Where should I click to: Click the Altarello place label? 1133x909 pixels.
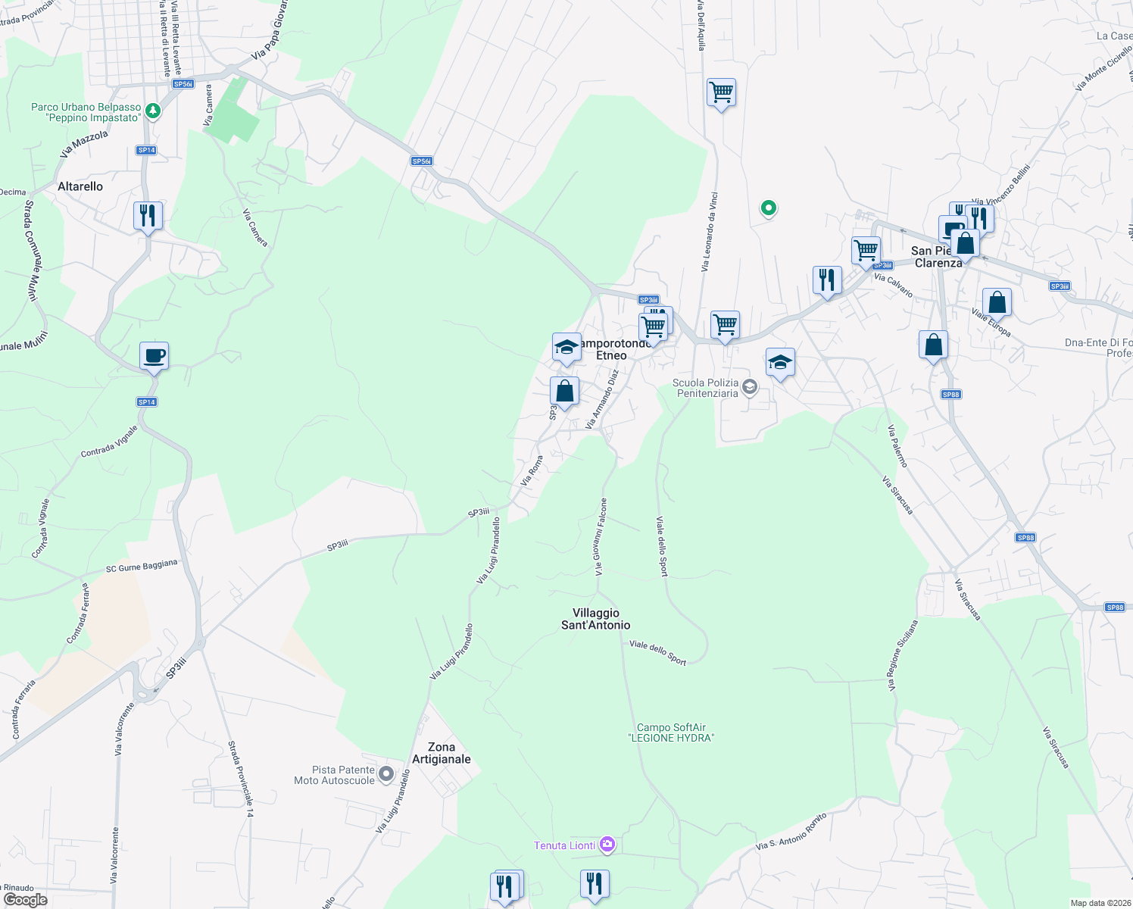[x=80, y=186]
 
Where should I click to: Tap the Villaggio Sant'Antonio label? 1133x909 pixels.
[x=595, y=619]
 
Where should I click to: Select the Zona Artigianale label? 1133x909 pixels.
[x=442, y=753]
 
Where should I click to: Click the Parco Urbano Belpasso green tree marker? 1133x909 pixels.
[x=153, y=111]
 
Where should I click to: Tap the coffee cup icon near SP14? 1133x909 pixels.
[x=154, y=356]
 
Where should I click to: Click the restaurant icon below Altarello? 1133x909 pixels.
[x=148, y=216]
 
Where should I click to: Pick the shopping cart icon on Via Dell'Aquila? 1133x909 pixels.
[x=721, y=93]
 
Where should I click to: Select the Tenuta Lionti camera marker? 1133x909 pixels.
[x=607, y=844]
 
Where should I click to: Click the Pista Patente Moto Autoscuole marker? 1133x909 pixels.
[x=386, y=774]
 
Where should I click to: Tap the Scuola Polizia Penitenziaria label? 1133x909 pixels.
[x=707, y=388]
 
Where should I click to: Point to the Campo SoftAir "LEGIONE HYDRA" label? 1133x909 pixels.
[x=671, y=733]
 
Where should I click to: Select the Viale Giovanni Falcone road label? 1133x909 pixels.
[x=600, y=536]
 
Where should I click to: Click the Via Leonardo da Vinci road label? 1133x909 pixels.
[x=709, y=232]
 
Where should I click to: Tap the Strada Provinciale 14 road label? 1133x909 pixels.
[x=242, y=779]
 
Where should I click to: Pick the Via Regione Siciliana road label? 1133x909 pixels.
[x=903, y=655]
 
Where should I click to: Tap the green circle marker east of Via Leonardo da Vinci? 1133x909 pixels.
[x=768, y=207]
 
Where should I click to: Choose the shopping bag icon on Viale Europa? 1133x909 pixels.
[x=997, y=303]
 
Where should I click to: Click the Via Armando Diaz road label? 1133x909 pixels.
[x=603, y=399]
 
